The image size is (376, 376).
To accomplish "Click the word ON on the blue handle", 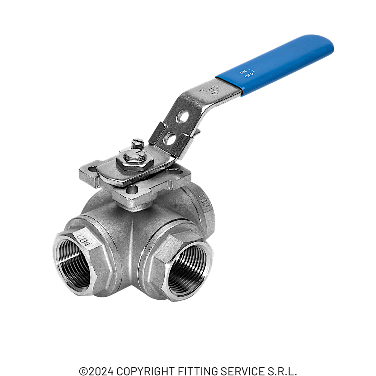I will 243,71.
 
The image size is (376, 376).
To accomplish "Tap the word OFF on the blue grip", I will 248,75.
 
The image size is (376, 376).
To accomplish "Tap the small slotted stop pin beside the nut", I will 136,144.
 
